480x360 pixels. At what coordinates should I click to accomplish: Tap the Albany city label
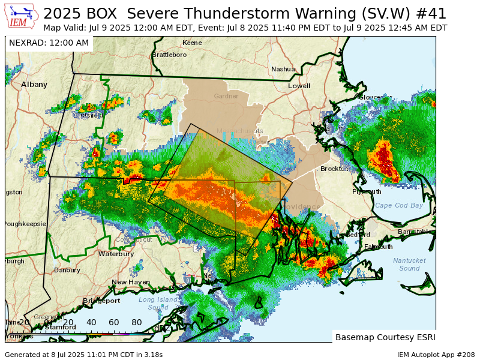tap(34, 85)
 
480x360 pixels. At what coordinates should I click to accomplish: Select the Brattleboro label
tap(169, 55)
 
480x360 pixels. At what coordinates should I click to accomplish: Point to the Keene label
tap(192, 43)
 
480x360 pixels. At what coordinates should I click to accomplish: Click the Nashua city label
tap(283, 69)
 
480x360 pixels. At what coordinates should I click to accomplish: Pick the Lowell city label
tap(299, 86)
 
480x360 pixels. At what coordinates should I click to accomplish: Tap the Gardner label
tap(226, 96)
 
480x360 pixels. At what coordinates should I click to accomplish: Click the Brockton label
tap(334, 169)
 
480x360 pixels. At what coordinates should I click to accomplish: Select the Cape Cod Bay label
tap(399, 205)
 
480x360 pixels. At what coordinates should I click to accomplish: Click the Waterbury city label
tap(116, 254)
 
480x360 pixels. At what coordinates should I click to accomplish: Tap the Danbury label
tap(67, 270)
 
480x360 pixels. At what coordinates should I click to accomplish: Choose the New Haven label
tap(131, 282)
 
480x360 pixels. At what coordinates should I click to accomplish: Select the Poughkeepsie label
tap(25, 224)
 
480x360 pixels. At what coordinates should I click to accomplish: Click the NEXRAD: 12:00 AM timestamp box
tap(49, 43)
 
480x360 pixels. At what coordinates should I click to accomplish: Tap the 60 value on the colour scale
tap(114, 322)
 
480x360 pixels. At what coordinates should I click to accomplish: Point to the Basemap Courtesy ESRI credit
tap(384, 337)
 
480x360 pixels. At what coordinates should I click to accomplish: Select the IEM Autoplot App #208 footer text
tap(436, 355)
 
